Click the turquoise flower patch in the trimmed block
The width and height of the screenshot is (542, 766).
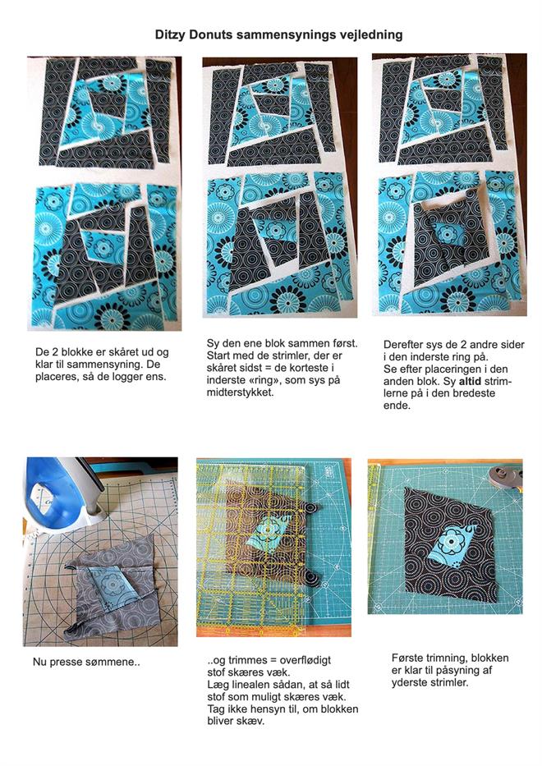tap(450, 545)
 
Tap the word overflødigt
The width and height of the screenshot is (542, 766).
tap(305, 660)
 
